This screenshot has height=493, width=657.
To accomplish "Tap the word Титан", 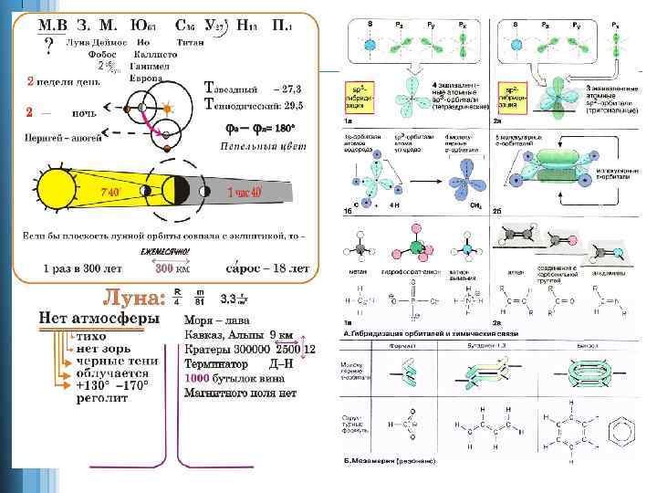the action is click(189, 42).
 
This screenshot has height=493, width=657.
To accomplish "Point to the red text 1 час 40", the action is click(244, 193).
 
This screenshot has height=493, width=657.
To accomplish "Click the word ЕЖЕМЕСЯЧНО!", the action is click(164, 251).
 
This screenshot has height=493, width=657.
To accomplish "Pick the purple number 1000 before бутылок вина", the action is click(198, 378).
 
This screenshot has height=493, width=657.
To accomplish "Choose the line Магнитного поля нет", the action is click(240, 393).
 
